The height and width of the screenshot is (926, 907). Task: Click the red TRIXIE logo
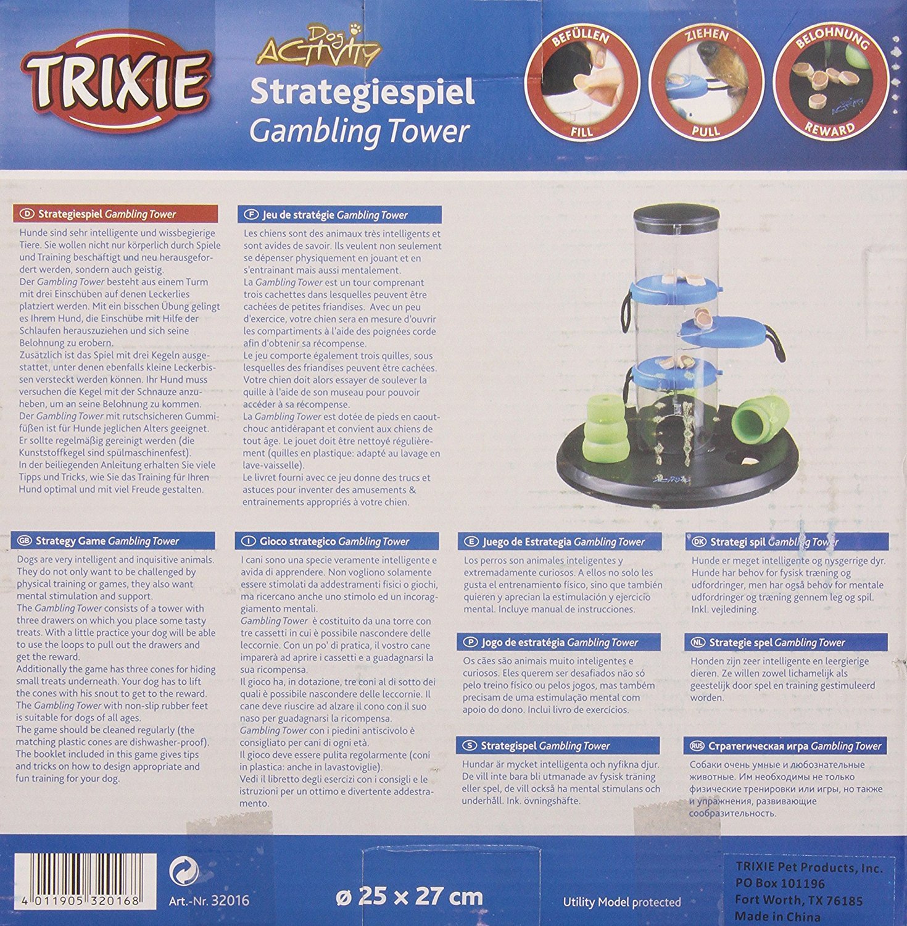click(x=116, y=81)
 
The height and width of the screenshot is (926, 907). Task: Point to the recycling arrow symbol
click(x=184, y=870)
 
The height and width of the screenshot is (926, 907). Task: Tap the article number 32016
click(x=209, y=901)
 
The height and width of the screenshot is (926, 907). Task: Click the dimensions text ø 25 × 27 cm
click(x=409, y=896)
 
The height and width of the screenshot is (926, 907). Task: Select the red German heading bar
click(x=115, y=214)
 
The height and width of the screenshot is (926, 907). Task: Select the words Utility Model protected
click(x=622, y=902)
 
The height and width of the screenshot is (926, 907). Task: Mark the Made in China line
click(x=777, y=916)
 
